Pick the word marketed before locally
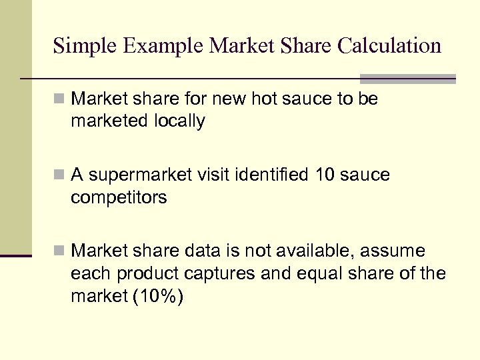[x=107, y=121]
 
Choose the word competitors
[x=119, y=198]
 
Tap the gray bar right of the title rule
[x=407, y=78]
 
